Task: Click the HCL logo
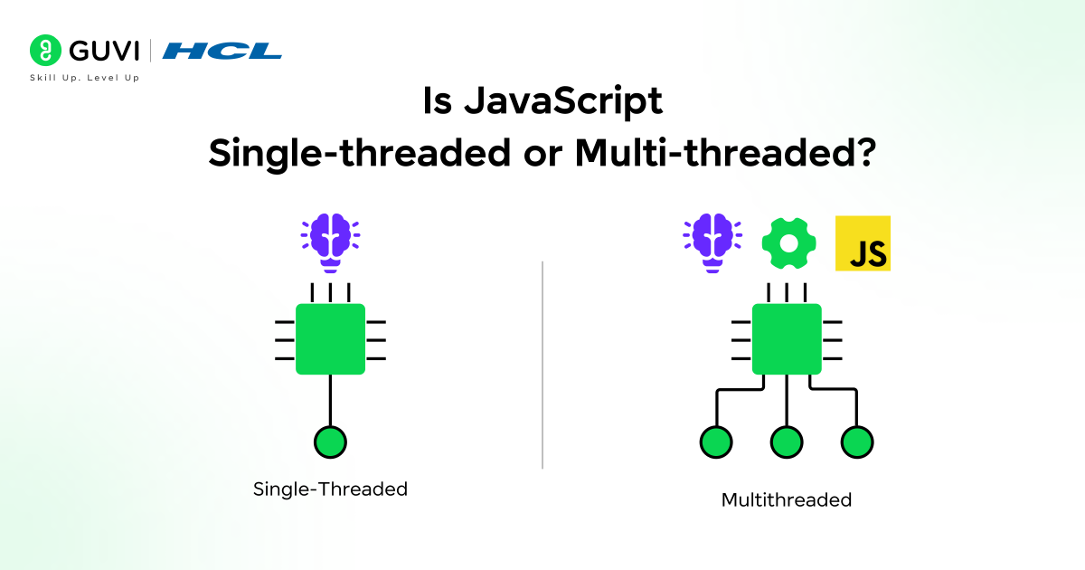click(222, 51)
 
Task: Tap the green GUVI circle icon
click(44, 50)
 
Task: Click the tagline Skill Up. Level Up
click(85, 78)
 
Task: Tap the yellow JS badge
click(863, 242)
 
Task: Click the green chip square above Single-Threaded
click(330, 338)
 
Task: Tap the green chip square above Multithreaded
click(787, 338)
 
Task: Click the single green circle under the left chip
click(330, 442)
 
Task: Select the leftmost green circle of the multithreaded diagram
click(716, 442)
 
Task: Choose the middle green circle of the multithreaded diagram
click(787, 442)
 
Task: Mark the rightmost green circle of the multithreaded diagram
click(857, 442)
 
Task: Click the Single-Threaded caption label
click(330, 489)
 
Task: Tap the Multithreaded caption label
click(787, 499)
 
